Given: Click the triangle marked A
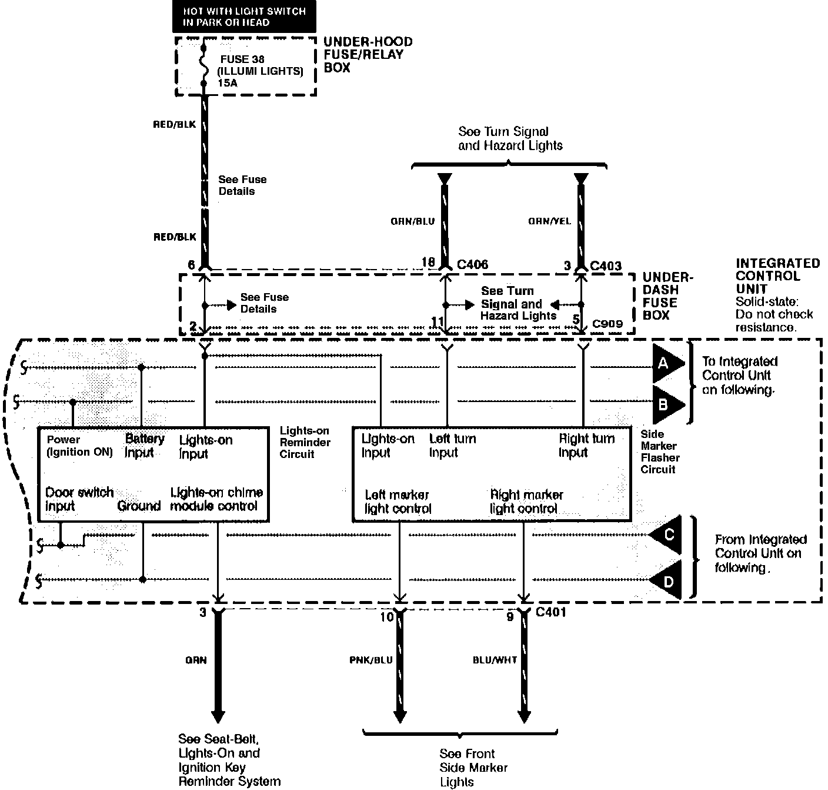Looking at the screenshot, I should pos(666,364).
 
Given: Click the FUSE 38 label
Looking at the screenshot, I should pos(242,59).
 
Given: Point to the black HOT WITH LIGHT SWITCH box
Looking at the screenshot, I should pos(244,16).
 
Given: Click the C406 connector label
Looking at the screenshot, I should pos(473,265).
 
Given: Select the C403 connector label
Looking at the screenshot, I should pos(606,266).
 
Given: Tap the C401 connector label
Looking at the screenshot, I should pos(551,613).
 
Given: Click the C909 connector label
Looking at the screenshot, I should pos(607,323).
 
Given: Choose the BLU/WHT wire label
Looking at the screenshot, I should pos(495,660).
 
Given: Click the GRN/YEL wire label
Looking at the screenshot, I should pos(548,221).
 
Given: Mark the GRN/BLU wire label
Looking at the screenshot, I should pos(413,221).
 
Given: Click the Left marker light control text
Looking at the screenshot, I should pos(398,502).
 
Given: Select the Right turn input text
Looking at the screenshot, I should pos(586,446).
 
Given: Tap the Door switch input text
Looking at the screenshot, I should pos(79,499).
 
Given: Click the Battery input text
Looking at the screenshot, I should pos(144,446).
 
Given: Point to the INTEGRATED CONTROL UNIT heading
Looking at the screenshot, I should pos(777,276).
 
